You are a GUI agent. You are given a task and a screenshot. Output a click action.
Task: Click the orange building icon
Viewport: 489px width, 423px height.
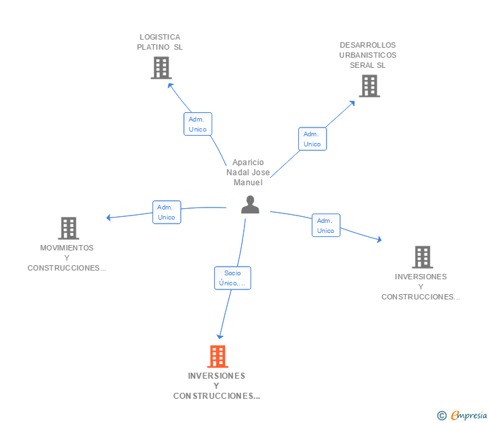(218, 357)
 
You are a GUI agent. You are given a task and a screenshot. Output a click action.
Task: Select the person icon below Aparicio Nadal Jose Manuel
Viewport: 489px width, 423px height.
(250, 205)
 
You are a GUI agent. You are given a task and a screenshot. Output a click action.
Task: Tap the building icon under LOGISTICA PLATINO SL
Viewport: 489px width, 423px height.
(161, 68)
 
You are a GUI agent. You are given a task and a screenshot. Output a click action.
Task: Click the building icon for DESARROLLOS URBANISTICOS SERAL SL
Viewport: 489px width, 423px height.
(369, 86)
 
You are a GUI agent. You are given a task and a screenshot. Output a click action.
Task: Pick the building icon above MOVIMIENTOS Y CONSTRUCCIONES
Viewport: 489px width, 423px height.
(69, 228)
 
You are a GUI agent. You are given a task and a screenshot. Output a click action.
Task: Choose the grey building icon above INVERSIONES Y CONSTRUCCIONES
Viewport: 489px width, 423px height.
(423, 257)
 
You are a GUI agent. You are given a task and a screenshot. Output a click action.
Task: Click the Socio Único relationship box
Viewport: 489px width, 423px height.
(232, 278)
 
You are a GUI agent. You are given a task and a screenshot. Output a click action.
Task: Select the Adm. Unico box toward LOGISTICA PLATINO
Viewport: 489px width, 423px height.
(197, 124)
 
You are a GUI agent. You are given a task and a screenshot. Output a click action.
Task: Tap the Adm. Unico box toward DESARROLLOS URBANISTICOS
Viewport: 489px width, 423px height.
(312, 139)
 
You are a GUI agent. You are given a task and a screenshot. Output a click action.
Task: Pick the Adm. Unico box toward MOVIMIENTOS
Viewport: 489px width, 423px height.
(167, 212)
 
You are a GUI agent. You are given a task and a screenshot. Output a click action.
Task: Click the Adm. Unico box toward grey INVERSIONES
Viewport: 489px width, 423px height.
(326, 226)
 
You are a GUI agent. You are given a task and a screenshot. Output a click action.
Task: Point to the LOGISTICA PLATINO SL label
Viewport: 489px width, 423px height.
(160, 42)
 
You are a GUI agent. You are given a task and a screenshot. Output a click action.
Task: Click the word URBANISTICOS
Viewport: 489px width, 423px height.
(367, 55)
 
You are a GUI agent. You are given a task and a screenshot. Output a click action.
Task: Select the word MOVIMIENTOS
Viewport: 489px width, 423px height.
(66, 248)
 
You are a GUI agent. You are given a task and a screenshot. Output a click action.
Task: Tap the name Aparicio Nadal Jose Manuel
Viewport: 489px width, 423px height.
(249, 173)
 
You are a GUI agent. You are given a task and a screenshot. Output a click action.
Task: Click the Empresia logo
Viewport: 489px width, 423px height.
(462, 415)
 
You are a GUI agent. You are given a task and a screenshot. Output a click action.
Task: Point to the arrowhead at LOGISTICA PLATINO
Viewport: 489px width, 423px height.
(170, 85)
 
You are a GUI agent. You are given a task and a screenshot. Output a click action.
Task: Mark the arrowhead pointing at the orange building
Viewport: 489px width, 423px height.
(220, 336)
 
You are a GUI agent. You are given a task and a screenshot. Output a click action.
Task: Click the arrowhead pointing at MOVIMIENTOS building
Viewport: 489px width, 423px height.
(108, 218)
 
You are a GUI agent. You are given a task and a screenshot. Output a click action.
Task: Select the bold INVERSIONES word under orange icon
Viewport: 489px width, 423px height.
(216, 376)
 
